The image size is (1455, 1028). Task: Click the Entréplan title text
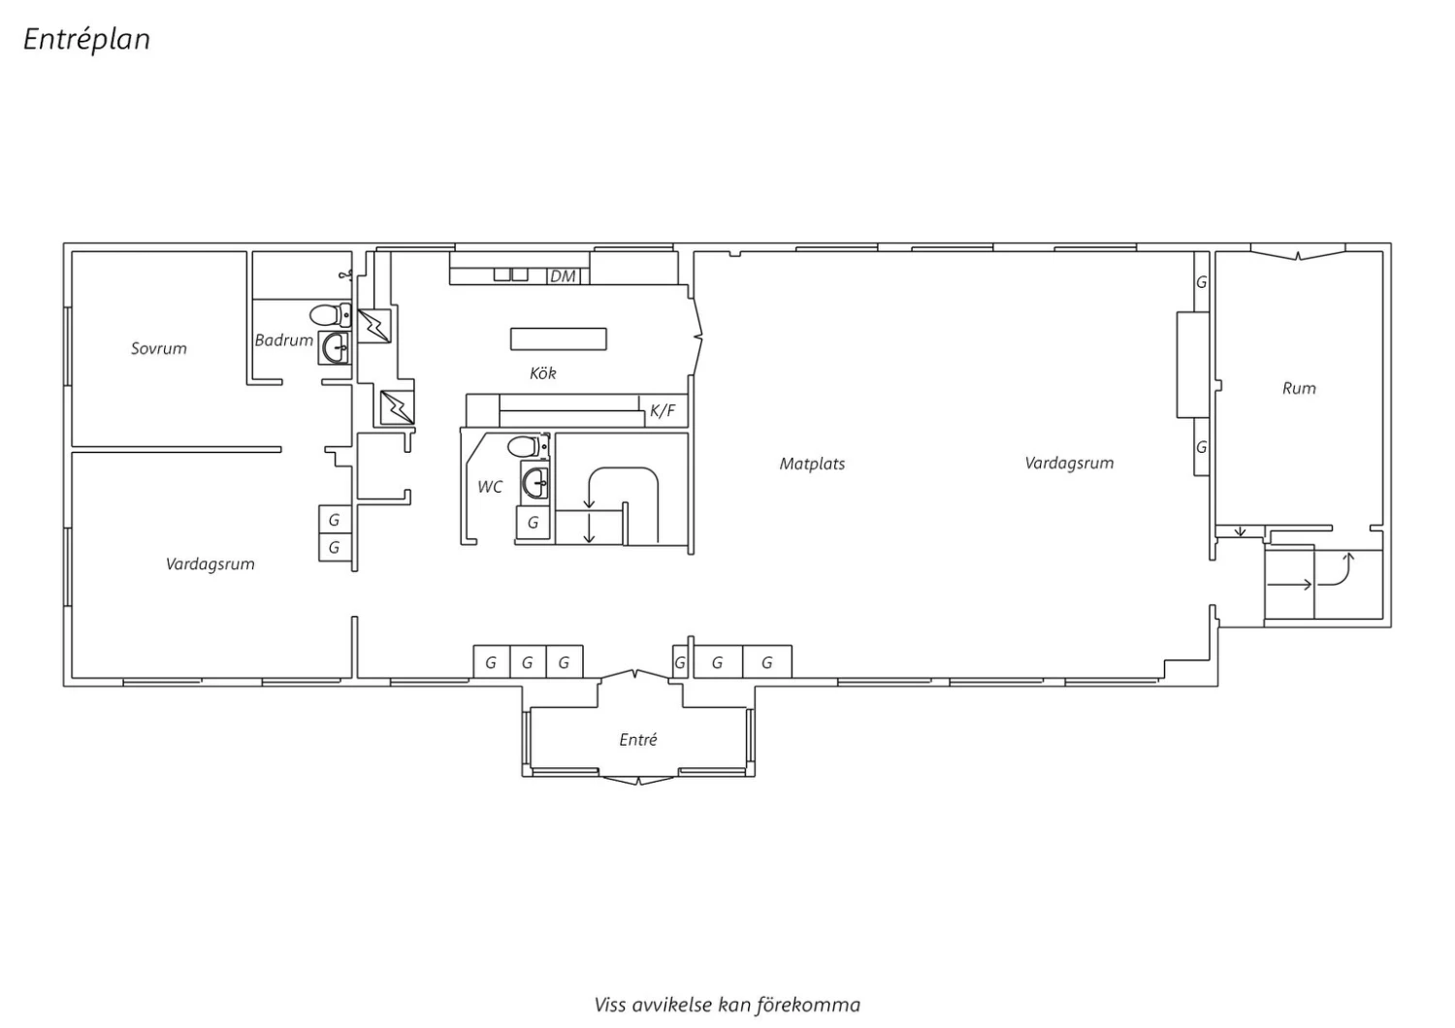click(87, 40)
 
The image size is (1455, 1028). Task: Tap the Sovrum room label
click(158, 349)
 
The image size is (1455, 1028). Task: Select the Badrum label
click(284, 340)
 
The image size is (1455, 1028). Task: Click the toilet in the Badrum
click(330, 315)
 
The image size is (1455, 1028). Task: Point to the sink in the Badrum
click(336, 347)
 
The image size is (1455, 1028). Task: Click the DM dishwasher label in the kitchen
click(563, 276)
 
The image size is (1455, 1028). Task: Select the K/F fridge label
click(663, 411)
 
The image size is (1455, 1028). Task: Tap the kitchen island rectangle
click(559, 339)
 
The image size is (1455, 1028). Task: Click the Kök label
click(543, 373)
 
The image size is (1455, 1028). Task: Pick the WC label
click(490, 487)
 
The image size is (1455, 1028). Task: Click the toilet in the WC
click(528, 447)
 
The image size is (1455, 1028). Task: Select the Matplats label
click(812, 465)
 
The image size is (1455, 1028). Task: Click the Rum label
click(1299, 388)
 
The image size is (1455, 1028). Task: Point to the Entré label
click(638, 740)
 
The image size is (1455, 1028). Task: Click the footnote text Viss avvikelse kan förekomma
click(727, 1006)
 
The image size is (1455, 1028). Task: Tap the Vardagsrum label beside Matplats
click(1069, 464)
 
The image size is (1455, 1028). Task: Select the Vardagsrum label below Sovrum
click(210, 564)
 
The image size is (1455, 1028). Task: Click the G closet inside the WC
click(533, 523)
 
